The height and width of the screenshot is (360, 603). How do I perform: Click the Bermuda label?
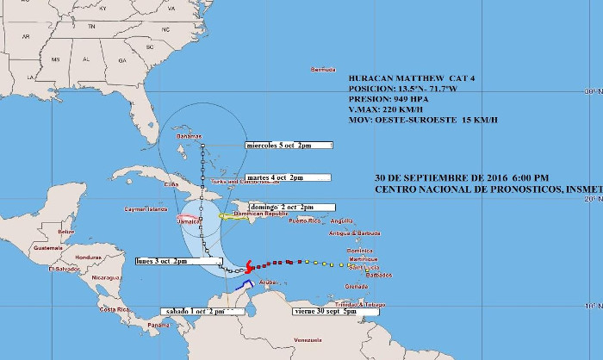click(x=322, y=69)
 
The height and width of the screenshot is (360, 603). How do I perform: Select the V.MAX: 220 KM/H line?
click(x=385, y=109)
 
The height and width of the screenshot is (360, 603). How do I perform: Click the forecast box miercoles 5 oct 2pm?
click(x=288, y=145)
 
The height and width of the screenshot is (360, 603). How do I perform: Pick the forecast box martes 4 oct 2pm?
click(x=288, y=177)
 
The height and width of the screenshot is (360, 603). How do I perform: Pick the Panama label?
click(x=159, y=325)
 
